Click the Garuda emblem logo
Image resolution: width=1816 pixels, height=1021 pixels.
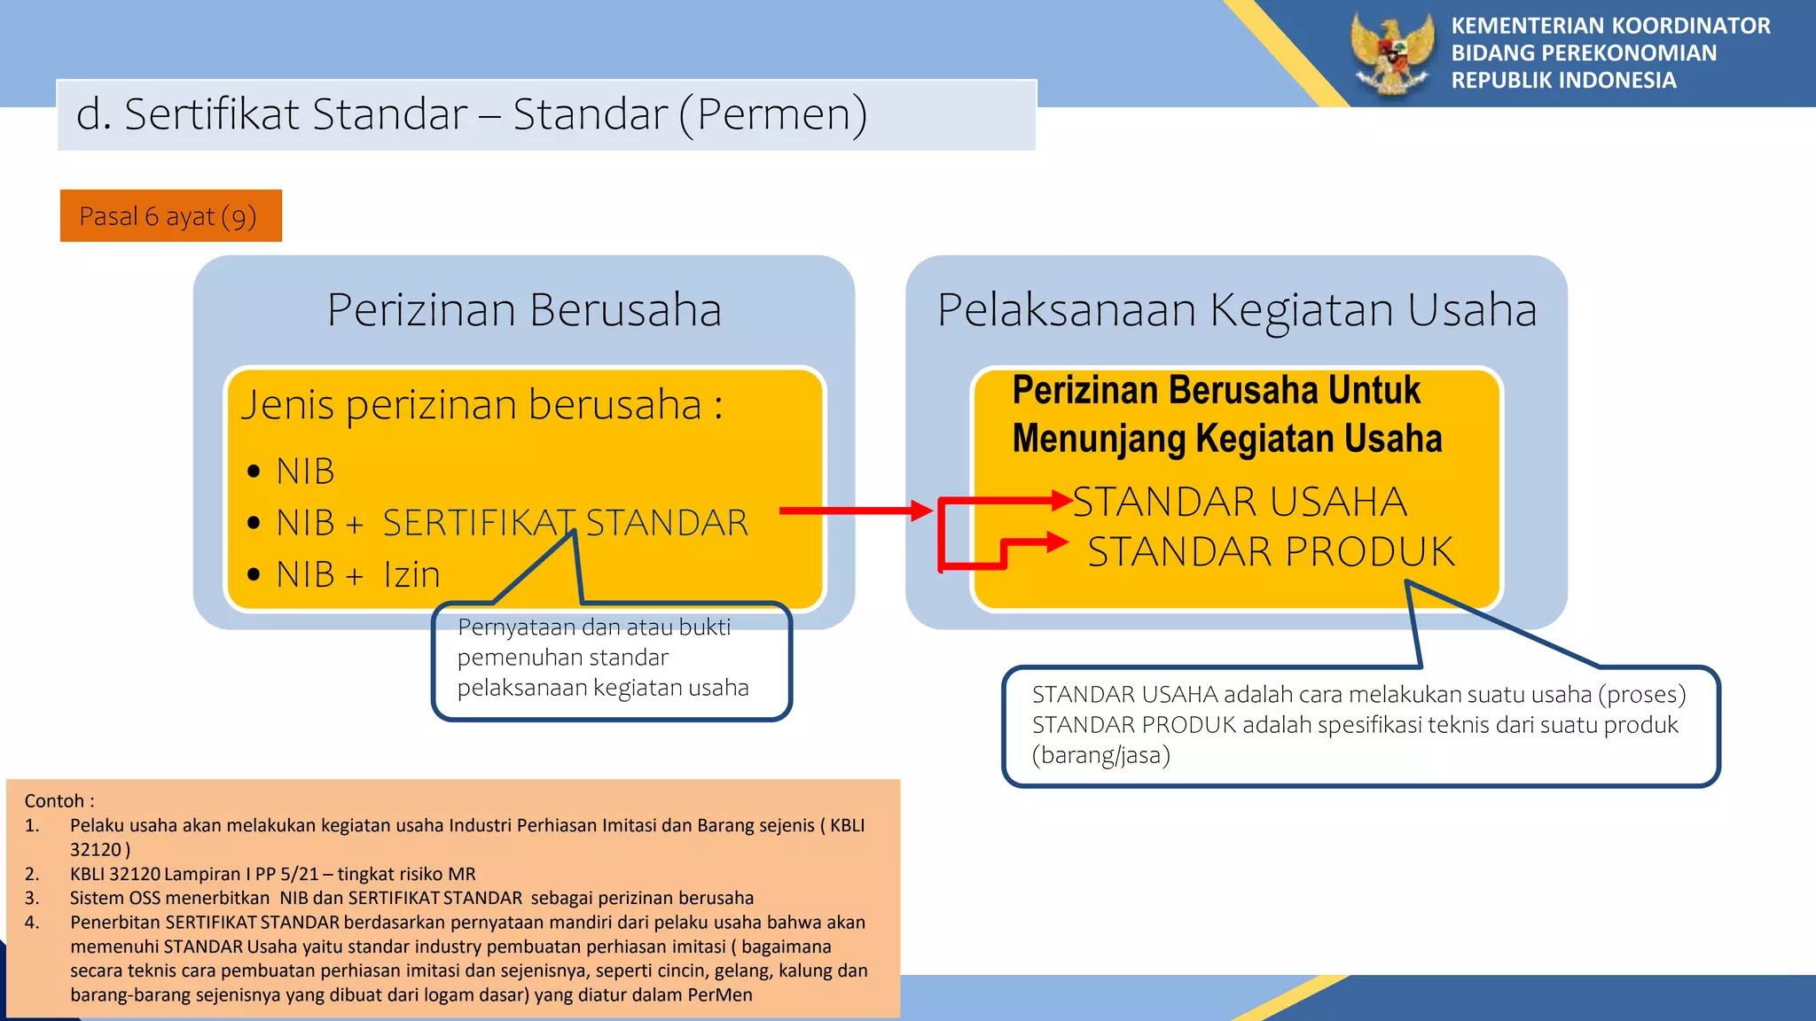tap(1392, 53)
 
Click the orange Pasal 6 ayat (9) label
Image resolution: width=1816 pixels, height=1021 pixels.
tap(170, 216)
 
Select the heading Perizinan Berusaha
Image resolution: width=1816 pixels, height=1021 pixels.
tap(524, 310)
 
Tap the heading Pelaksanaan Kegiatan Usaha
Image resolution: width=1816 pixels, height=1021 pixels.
tap(1236, 310)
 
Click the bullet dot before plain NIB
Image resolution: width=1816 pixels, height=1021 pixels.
tap(254, 472)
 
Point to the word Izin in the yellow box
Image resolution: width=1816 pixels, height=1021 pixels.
tap(412, 575)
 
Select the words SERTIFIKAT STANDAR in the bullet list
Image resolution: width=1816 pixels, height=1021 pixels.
tap(566, 523)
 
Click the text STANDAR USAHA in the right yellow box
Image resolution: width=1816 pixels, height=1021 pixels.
tap(1240, 502)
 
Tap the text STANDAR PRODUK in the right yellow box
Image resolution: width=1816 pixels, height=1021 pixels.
tap(1271, 552)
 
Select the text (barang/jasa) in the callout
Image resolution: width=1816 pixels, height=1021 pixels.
tap(1101, 755)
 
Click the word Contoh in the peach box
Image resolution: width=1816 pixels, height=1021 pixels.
tap(54, 801)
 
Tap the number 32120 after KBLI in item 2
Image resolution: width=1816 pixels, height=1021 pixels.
tap(134, 874)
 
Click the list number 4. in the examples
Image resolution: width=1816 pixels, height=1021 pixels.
tap(32, 923)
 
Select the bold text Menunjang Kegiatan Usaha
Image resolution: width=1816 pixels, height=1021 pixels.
tap(1227, 439)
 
